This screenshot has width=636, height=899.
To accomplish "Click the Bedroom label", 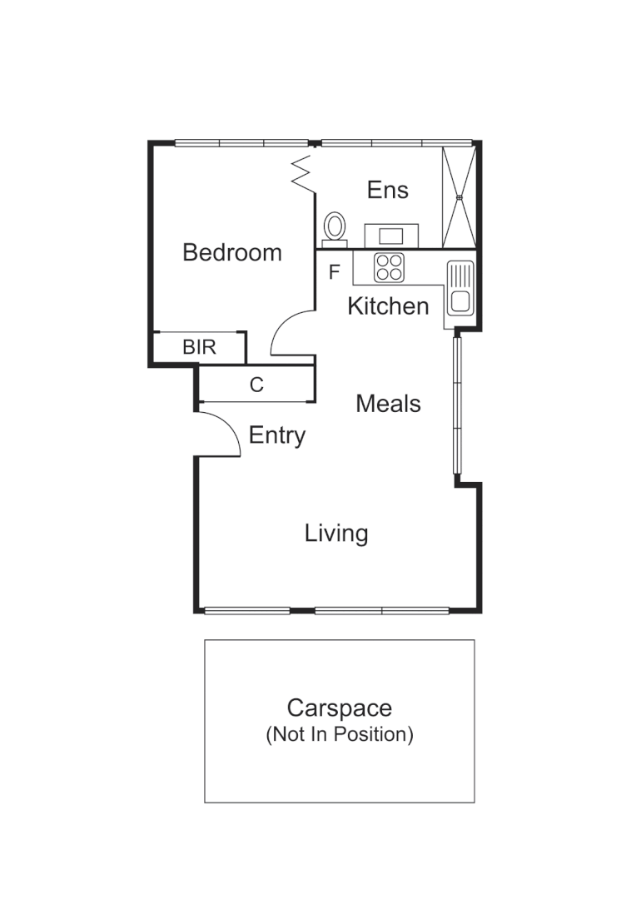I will point(232,252).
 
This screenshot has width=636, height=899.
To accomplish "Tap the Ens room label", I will point(388,190).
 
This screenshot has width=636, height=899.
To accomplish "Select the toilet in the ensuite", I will point(335,227).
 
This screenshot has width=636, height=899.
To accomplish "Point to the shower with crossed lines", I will point(459,196).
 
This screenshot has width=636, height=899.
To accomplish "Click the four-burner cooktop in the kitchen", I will point(389,267).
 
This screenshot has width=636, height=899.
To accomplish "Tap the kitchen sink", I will point(460,288).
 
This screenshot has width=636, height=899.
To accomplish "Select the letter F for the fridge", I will point(335,272).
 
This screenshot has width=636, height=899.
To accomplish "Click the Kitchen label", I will point(388,306).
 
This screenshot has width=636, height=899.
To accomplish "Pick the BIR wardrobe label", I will point(199,347).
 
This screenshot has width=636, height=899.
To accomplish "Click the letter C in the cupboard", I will point(257,385).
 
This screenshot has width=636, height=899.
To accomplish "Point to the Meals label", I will point(388,404).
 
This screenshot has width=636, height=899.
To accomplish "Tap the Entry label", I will point(277,435).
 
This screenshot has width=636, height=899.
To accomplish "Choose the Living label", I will point(336,533).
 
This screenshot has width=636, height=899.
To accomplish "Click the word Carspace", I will point(339,708).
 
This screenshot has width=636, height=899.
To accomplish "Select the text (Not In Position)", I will point(339,735).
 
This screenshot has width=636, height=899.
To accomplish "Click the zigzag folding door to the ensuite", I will point(301,171).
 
